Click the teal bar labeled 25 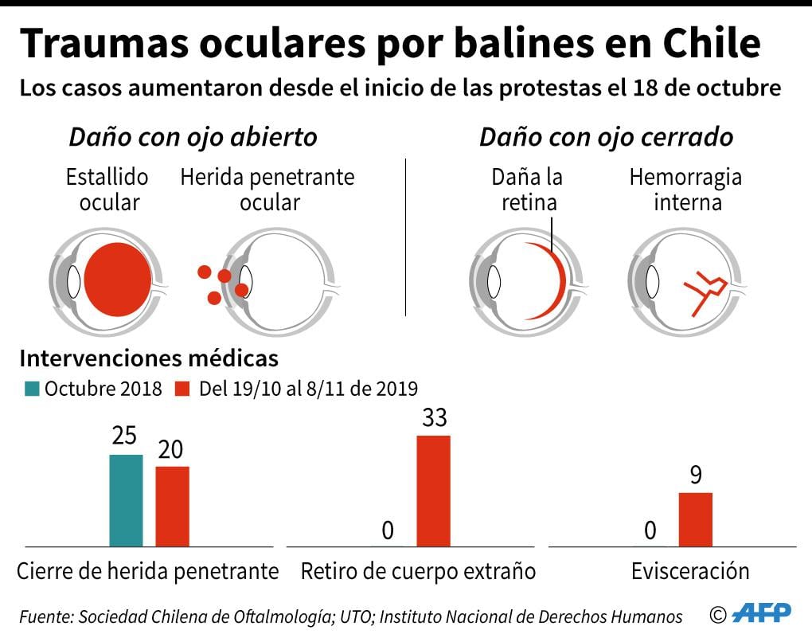126,500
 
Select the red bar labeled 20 172,506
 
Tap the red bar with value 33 433,491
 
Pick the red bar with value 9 695,519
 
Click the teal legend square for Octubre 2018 32,389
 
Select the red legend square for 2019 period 183,389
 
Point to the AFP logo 762,612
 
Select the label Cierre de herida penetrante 148,571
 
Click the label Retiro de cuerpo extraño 418,571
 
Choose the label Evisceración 690,571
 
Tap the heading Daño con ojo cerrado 606,137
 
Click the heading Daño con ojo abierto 193,137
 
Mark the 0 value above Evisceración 650,530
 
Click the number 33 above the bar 434,418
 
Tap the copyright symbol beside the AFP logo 719,614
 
